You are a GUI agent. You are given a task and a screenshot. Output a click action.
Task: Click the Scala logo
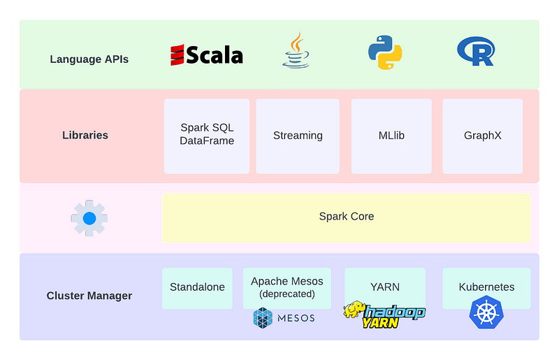(x=207, y=55)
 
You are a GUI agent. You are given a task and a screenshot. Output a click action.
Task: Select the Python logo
(x=385, y=52)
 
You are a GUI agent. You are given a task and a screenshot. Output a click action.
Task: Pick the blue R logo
(x=476, y=52)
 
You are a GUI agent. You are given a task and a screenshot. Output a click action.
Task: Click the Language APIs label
(x=89, y=59)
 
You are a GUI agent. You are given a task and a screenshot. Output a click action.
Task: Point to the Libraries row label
(x=85, y=135)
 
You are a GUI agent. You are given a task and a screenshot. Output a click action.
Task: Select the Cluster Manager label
(x=89, y=296)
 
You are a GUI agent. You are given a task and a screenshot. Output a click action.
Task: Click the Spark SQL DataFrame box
(x=207, y=135)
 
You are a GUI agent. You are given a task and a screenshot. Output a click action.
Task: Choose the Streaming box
(x=298, y=135)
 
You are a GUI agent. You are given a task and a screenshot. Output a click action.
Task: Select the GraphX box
(x=482, y=135)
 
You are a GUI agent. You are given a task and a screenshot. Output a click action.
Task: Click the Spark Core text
(x=347, y=217)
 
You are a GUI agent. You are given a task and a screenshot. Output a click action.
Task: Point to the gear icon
(x=89, y=218)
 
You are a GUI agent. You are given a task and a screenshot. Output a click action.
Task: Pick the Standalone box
(x=197, y=287)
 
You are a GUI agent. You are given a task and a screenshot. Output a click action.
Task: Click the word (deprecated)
(x=287, y=294)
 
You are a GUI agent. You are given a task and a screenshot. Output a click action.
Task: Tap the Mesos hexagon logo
(x=263, y=318)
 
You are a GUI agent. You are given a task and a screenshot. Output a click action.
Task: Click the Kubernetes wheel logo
(x=486, y=313)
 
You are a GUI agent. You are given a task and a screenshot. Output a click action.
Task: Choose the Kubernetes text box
(x=486, y=287)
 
